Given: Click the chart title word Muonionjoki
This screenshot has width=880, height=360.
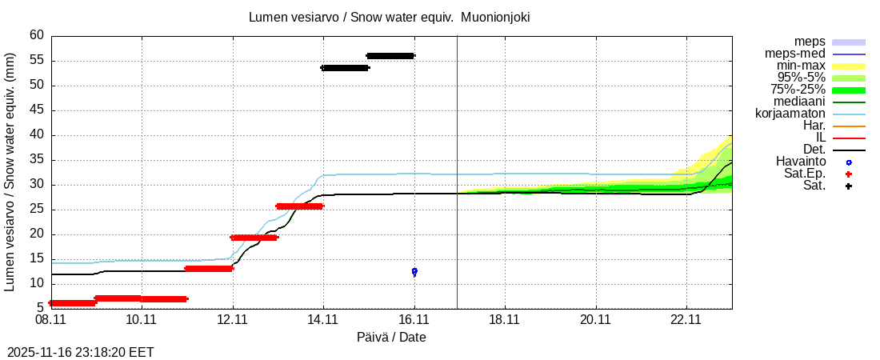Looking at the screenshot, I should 495,17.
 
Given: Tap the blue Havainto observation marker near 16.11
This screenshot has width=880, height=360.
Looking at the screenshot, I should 414,271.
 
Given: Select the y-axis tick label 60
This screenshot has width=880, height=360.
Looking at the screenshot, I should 37,35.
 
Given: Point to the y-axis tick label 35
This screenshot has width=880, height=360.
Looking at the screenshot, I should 37,160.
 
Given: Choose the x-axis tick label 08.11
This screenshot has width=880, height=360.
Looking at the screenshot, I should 50,319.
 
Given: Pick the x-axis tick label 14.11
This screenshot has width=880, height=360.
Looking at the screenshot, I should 323,319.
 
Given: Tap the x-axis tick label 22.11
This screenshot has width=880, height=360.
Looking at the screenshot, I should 686,319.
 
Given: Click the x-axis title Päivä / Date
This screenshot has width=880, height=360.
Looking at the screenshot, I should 391,338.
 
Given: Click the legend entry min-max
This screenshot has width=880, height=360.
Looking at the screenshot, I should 800,66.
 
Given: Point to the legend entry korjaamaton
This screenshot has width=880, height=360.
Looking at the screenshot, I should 790,114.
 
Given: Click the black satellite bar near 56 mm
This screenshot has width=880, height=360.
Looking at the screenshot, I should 390,55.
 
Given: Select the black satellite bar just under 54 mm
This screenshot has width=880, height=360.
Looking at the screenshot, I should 345,68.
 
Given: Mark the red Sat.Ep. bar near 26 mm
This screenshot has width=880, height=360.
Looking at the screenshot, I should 299,206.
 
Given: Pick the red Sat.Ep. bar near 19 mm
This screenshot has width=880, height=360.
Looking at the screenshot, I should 254,238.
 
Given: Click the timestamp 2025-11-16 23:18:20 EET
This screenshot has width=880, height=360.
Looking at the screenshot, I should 81,352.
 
